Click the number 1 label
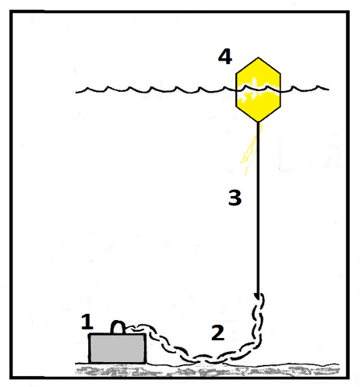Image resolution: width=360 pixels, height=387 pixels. [x=87, y=321]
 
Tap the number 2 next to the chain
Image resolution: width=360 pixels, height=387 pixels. [x=218, y=333]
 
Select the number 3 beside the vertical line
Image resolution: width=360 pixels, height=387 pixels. [x=235, y=197]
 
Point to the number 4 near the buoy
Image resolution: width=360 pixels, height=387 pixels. [x=225, y=57]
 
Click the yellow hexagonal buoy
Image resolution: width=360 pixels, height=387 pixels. [x=258, y=90]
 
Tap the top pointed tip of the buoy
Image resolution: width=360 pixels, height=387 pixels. [x=259, y=57]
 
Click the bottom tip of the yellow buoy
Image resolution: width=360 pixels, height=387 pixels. [x=258, y=122]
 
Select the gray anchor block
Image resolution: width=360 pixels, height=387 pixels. [x=117, y=348]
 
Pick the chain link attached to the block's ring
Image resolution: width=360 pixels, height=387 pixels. [x=131, y=328]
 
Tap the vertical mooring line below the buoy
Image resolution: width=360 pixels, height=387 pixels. [x=258, y=210]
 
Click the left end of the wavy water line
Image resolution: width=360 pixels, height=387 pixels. [x=76, y=92]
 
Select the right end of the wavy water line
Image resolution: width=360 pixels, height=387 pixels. [x=329, y=89]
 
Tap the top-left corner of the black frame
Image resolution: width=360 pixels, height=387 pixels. [x=11, y=12]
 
